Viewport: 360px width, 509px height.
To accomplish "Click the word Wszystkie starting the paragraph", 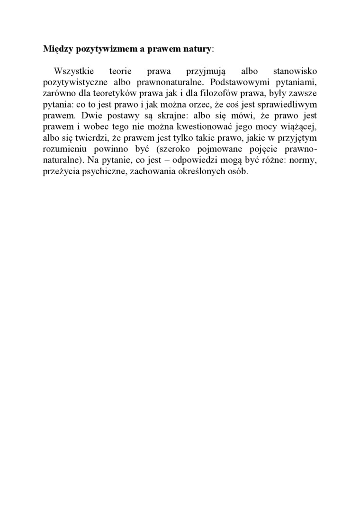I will tap(74, 71).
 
